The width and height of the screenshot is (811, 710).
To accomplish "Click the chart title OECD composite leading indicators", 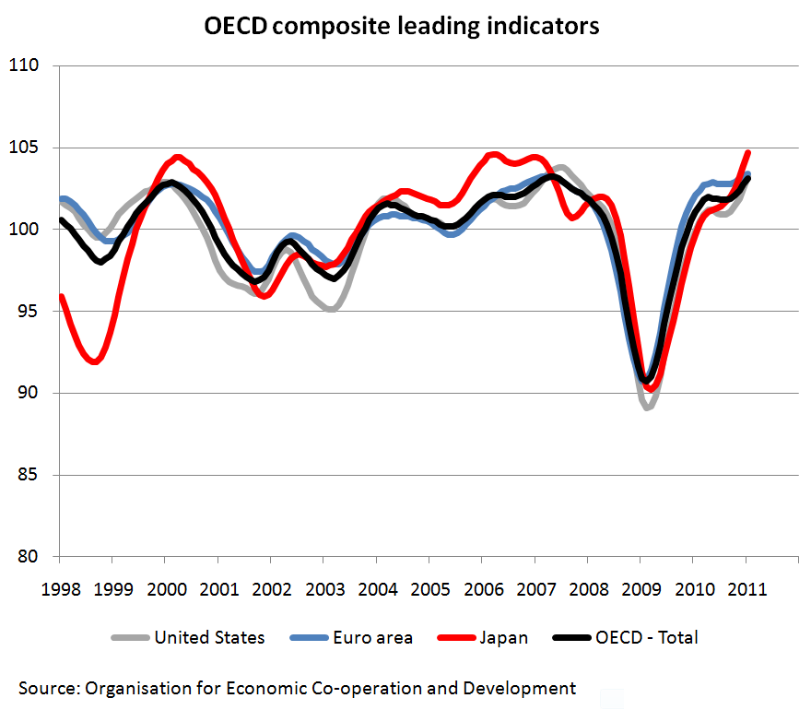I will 402,26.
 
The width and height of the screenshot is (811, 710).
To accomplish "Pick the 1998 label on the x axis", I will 59,589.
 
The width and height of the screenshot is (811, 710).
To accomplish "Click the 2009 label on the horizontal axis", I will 640,589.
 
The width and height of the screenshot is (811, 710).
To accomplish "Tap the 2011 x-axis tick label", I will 746,589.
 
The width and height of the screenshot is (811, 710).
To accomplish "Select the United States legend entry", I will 209,637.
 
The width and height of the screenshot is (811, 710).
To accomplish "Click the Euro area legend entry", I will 372,637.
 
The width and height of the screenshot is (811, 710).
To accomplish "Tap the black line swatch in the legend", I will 569,637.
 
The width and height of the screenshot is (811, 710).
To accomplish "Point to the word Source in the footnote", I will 48,688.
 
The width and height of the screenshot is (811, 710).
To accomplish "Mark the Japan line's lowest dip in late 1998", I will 95,361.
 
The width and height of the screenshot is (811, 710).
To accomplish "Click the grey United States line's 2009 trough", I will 648,407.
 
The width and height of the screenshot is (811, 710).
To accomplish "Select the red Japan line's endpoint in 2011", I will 747,152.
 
